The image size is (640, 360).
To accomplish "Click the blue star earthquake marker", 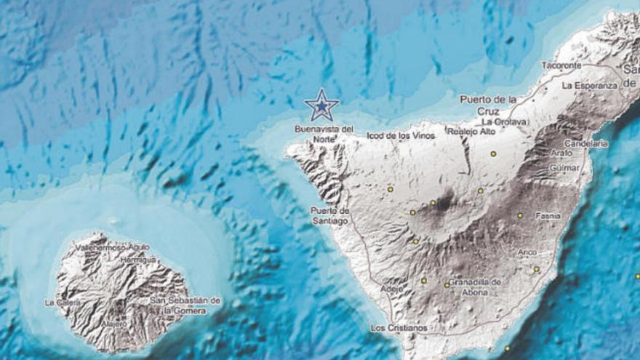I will [321, 106].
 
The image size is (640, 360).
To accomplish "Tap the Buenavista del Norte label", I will [324, 134].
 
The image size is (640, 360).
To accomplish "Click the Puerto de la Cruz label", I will [488, 105].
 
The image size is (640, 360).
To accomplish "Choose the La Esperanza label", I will [589, 85].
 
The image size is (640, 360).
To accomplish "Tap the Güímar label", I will [566, 168].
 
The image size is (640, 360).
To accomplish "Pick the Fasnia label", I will [548, 216].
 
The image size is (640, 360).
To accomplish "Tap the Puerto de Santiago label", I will [329, 216].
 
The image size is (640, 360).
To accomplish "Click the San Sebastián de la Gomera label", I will [185, 305].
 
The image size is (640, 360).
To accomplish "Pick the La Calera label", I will [60, 303].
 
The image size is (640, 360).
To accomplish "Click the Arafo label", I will [562, 153].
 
